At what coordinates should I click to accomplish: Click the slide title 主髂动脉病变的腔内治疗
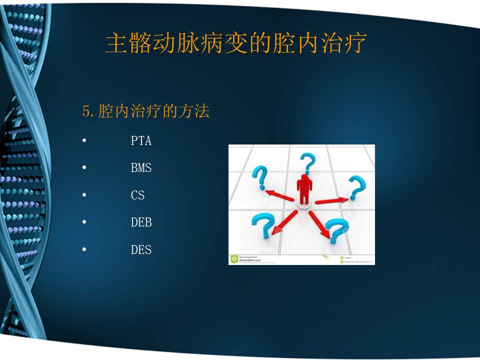click(236, 43)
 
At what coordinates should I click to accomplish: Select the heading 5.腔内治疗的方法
click(145, 111)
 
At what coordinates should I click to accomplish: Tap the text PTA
click(141, 141)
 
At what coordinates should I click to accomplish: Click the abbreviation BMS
click(141, 168)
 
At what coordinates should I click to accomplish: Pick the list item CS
click(137, 195)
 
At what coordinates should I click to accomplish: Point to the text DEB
click(141, 222)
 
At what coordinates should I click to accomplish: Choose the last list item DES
click(141, 249)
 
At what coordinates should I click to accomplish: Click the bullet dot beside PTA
click(84, 140)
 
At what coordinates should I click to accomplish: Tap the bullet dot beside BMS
click(84, 167)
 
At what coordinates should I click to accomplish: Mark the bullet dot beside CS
click(84, 194)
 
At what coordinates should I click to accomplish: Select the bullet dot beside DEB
click(84, 221)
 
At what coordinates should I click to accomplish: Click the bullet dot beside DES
click(84, 248)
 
